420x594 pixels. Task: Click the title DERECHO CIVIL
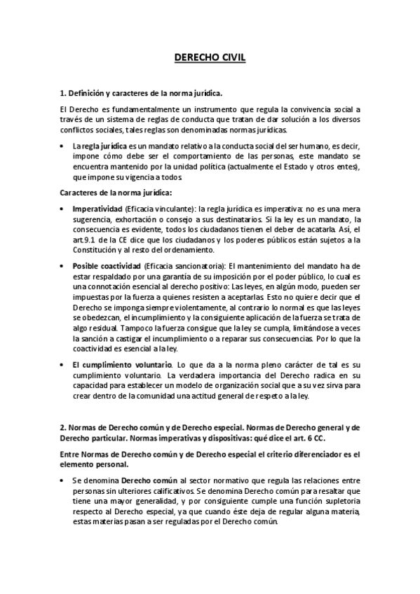click(210, 60)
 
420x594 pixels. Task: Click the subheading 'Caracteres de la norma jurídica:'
click(116, 192)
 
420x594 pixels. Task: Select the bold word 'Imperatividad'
click(97, 209)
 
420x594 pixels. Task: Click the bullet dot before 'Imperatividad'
click(64, 209)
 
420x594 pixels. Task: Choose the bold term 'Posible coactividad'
click(106, 266)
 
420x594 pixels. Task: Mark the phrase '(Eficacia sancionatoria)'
click(184, 266)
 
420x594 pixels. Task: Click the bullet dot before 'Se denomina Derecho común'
click(64, 481)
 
